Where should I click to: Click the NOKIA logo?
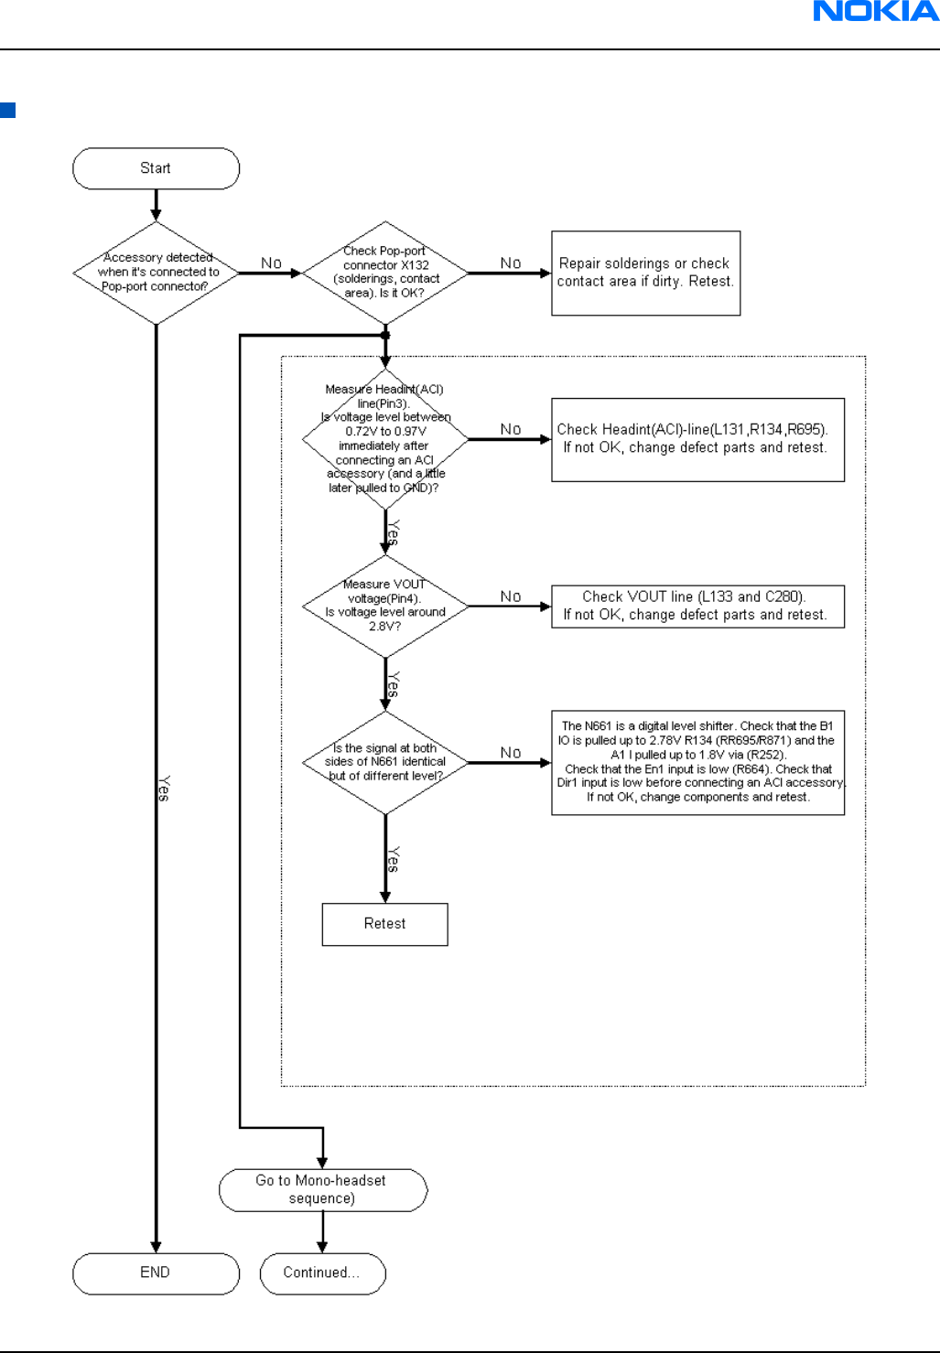(876, 11)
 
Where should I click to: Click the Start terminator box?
(156, 168)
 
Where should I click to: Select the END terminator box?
(156, 1273)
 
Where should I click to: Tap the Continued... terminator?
(323, 1273)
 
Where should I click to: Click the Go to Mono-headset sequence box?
(323, 1189)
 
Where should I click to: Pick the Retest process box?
(385, 924)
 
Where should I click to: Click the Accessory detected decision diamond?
(156, 273)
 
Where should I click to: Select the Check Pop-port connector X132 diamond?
(385, 273)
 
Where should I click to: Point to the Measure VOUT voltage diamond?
(385, 606)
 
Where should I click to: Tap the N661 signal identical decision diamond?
(385, 762)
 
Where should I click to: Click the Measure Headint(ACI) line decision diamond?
(385, 439)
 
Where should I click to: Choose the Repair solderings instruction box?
(645, 273)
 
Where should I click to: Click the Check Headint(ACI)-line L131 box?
(697, 440)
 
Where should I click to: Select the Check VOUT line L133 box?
(697, 607)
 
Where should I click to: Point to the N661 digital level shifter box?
(697, 762)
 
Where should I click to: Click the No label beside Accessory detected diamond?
(272, 263)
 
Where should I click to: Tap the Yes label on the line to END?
(164, 789)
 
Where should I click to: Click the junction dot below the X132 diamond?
(385, 335)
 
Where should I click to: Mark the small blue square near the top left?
(7, 110)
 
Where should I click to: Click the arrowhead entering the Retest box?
(385, 897)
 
